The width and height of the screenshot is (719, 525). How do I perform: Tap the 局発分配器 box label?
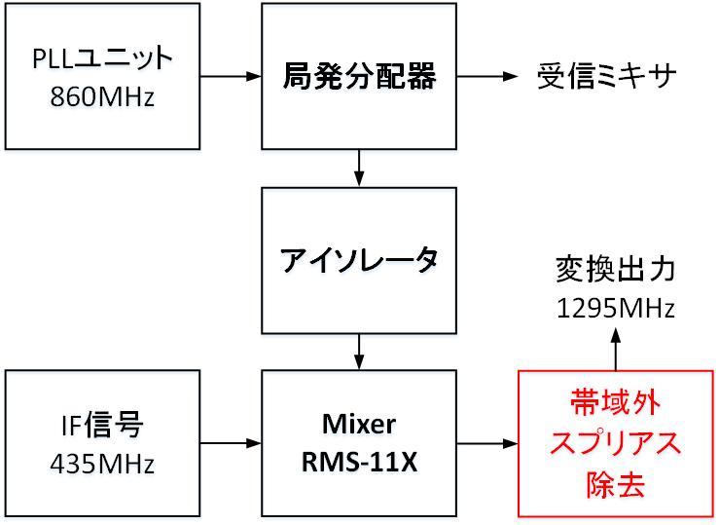359,76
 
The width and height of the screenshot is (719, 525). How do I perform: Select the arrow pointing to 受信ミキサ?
490,76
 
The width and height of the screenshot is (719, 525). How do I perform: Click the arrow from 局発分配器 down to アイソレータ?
359,167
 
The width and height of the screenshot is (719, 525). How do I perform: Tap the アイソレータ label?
359,259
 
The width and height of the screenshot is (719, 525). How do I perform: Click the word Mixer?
359,425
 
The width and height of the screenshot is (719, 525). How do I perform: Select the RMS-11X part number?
359,462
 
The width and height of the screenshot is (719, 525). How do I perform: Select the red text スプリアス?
615,443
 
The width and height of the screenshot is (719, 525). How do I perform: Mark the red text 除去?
615,482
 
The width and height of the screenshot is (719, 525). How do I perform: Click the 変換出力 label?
615,268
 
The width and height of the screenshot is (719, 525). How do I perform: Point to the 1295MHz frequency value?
615,308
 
